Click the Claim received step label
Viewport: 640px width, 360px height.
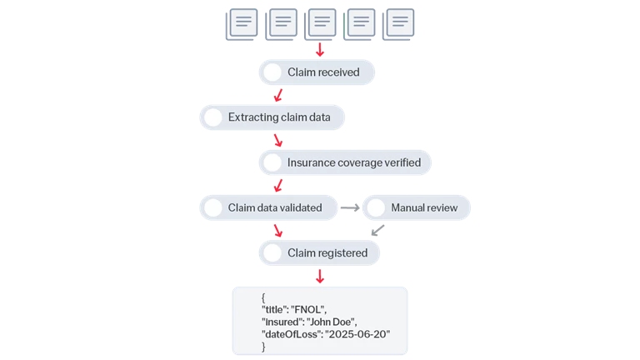click(x=323, y=72)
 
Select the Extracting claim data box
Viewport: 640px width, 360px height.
click(x=278, y=117)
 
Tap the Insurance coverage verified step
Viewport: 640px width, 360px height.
click(x=354, y=162)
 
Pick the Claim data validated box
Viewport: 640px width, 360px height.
click(x=274, y=207)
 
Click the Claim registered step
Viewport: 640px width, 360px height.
click(x=327, y=252)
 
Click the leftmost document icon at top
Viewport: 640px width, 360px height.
click(x=243, y=22)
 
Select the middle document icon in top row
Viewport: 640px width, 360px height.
click(x=322, y=22)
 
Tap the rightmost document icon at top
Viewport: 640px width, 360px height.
click(x=401, y=22)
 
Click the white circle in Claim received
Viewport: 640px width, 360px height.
click(x=272, y=72)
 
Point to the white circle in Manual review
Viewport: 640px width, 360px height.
click(x=377, y=207)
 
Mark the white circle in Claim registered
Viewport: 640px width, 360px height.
click(x=272, y=252)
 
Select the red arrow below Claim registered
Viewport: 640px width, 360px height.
click(x=319, y=275)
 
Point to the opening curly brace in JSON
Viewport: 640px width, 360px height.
click(x=263, y=297)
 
